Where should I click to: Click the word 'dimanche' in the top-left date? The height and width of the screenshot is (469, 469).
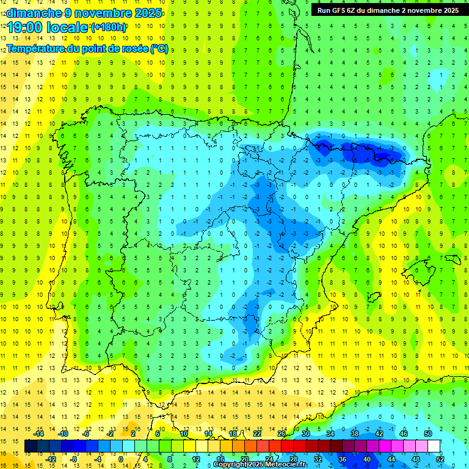tap(34, 13)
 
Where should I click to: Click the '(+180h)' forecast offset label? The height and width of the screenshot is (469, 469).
tap(108, 27)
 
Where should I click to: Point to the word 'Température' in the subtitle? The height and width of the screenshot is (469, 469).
tap(37, 49)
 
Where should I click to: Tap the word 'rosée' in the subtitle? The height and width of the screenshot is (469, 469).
tap(134, 49)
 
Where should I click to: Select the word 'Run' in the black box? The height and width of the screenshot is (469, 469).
tap(324, 10)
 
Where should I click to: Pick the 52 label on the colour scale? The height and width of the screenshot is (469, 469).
tap(440, 459)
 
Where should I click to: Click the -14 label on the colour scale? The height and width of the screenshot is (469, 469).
tap(38, 434)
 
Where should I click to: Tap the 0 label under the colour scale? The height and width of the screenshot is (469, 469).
tap(120, 459)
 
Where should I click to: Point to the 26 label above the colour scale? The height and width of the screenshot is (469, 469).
tap(282, 434)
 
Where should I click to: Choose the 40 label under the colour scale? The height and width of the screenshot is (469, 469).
tap(366, 459)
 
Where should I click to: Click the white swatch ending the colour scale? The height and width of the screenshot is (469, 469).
tap(434, 446)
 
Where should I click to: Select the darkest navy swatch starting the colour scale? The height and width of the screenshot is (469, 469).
tap(31, 446)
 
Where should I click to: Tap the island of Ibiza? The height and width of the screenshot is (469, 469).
tap(373, 297)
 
